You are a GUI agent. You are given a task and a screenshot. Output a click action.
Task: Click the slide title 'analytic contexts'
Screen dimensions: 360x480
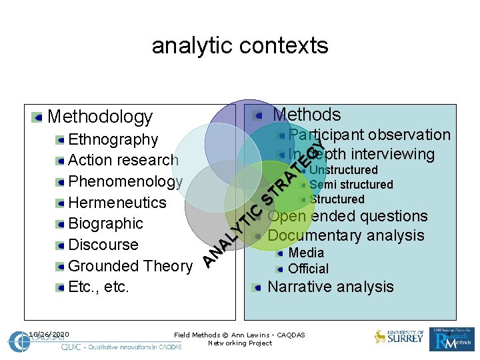point(240,45)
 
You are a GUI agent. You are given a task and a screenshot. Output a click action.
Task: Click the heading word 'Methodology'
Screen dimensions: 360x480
point(100,117)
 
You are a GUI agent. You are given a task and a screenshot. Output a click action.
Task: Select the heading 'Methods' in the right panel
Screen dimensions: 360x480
point(307,115)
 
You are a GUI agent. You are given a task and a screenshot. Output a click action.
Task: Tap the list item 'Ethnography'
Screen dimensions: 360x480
point(113,139)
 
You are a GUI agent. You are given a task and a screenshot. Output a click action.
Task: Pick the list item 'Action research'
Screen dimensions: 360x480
point(123,160)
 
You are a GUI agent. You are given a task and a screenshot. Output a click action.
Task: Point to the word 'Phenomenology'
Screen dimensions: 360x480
point(125,181)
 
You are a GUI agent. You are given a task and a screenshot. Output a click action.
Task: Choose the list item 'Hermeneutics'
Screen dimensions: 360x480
point(117,202)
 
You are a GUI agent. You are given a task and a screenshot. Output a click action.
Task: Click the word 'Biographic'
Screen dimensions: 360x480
point(105,223)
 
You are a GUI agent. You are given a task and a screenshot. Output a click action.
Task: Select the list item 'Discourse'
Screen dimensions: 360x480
point(103,245)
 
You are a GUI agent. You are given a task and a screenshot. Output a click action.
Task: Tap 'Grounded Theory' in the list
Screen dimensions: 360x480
point(130,266)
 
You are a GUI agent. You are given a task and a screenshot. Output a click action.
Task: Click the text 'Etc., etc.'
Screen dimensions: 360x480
point(99,287)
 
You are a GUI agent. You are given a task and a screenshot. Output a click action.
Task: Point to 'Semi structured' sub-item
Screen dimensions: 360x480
point(351,185)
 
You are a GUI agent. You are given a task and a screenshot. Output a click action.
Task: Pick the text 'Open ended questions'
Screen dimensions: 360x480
point(347,216)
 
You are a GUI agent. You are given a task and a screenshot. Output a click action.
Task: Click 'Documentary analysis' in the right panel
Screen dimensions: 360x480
point(345,235)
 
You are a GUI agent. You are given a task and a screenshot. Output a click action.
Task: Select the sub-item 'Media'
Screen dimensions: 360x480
point(306,253)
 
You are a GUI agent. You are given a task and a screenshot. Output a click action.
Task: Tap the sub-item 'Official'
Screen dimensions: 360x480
point(308,269)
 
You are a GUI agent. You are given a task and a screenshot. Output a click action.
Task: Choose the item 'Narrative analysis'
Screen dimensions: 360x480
point(331,287)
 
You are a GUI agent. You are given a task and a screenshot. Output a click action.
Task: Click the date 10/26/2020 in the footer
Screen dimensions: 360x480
point(49,334)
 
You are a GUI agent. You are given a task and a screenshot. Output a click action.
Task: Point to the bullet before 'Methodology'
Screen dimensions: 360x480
point(37,118)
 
